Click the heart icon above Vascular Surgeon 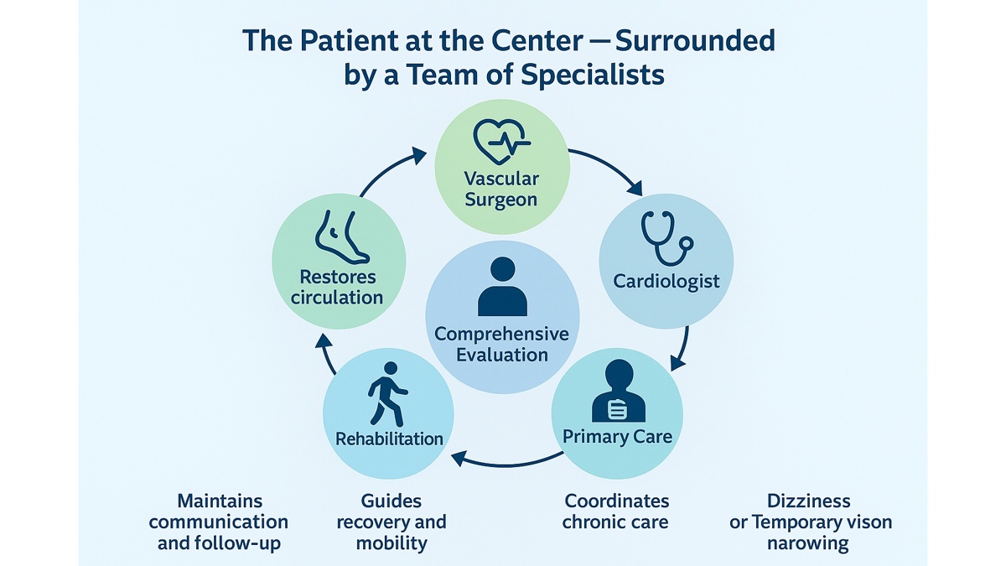[x=500, y=141]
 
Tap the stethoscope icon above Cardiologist [x=666, y=238]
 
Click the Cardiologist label [x=666, y=280]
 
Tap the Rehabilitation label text [x=389, y=439]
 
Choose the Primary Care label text [x=617, y=437]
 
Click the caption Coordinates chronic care [x=616, y=511]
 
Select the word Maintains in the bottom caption [x=218, y=501]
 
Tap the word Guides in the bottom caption [x=391, y=501]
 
